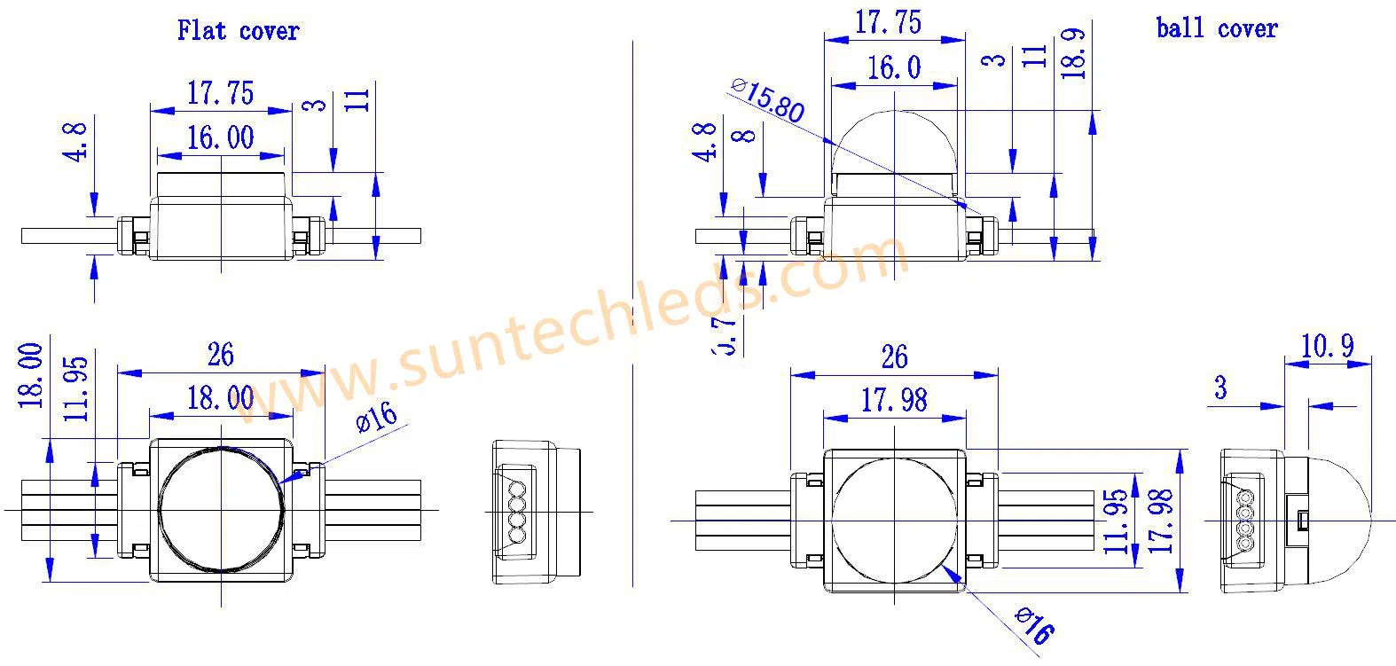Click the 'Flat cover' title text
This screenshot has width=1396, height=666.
(x=238, y=30)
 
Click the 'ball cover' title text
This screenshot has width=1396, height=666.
(x=1216, y=28)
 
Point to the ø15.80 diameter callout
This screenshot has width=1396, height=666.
(x=767, y=100)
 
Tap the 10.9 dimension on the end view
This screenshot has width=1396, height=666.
(x=1327, y=346)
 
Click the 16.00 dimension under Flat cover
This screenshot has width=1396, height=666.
(x=220, y=138)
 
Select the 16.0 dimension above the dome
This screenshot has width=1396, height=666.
(x=893, y=68)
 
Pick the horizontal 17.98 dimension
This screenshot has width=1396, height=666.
(x=894, y=401)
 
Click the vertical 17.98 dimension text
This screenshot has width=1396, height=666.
(x=1161, y=521)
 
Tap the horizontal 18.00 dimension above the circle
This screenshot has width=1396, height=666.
(x=220, y=398)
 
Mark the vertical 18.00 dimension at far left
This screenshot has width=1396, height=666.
(x=32, y=375)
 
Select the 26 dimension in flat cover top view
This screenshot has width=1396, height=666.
(x=220, y=355)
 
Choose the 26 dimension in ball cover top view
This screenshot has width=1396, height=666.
(x=894, y=357)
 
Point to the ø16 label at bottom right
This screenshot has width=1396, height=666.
(x=1033, y=625)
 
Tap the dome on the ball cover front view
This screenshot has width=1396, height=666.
(x=893, y=142)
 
